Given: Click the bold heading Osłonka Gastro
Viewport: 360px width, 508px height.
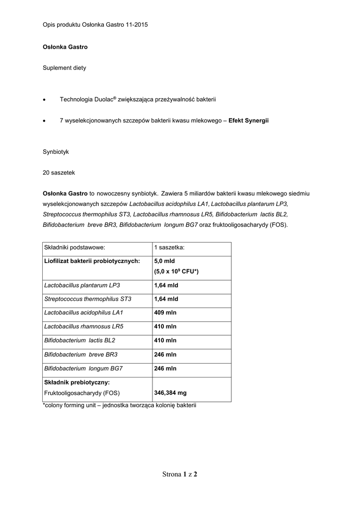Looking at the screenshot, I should click(65, 47).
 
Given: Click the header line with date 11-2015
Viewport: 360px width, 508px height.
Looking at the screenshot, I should click(95, 24).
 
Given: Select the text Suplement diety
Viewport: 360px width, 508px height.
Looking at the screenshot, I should click(64, 68).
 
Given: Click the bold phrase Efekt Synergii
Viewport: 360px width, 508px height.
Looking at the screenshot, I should click(248, 121).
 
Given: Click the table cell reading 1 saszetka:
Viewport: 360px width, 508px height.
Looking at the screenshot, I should click(169, 248).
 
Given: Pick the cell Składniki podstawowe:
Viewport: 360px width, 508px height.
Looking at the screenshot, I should click(74, 248).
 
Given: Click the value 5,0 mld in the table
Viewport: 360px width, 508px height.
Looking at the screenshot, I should click(164, 261).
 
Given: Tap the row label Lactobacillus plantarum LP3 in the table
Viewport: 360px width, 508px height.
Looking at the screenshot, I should click(82, 286).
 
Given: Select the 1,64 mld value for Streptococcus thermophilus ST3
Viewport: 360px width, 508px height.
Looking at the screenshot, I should click(166, 299).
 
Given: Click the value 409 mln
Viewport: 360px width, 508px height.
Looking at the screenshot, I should click(165, 313).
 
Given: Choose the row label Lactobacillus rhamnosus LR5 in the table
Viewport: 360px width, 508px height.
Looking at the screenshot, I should click(84, 327).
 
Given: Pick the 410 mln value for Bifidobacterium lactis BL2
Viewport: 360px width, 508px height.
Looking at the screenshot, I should click(165, 341).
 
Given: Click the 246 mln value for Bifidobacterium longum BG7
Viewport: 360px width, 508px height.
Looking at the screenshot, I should click(165, 369).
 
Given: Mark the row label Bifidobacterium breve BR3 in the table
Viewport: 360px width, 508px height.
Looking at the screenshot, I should click(81, 355).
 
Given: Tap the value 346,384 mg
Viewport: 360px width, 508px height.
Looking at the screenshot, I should click(170, 393).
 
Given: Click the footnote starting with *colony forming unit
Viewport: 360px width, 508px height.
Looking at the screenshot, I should click(120, 406).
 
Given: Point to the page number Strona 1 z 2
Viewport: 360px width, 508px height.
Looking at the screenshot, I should click(180, 474).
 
